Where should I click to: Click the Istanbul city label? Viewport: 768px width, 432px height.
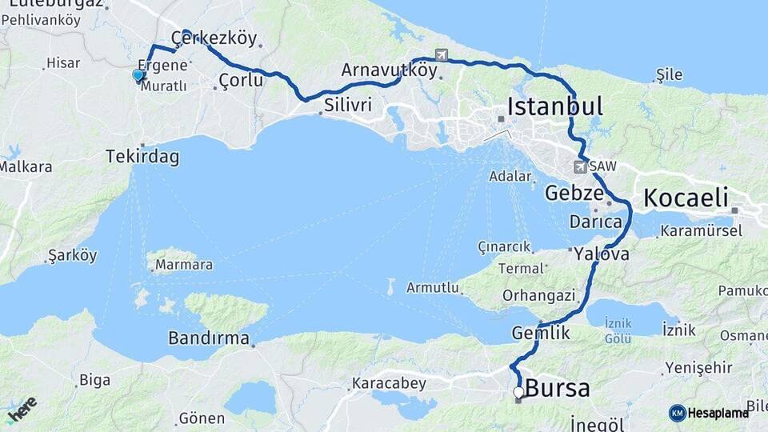pos(555,106)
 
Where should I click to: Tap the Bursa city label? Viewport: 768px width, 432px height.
pos(558,390)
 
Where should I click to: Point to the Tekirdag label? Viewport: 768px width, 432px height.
pos(142,158)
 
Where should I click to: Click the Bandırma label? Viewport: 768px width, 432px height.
pos(209,338)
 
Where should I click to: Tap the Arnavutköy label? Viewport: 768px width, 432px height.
pos(390,70)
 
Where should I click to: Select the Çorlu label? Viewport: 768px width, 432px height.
pos(241,80)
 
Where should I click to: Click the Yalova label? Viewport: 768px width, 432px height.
pos(601,255)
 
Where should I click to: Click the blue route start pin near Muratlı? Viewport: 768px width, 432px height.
pos(138,76)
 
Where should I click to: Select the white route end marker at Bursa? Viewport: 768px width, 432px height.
pos(518,393)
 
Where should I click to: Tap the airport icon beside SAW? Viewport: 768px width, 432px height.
pos(580,167)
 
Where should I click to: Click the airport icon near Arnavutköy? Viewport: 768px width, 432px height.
pos(442,54)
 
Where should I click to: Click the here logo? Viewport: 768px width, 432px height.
pos(22,409)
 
